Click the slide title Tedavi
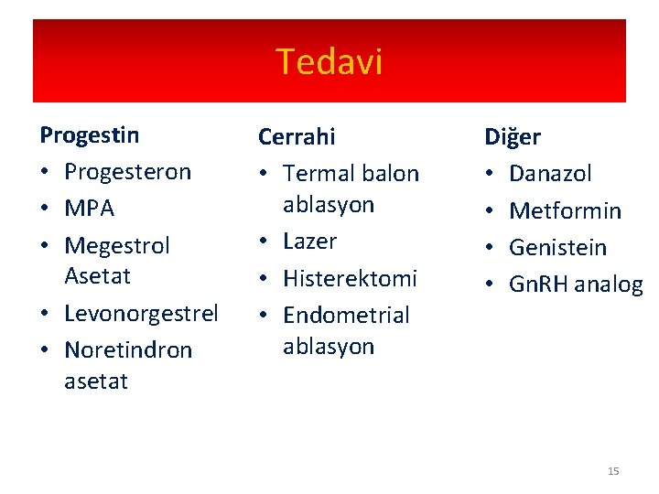(x=329, y=62)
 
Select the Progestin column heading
(x=90, y=135)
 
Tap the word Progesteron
(x=127, y=172)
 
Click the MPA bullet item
(x=89, y=209)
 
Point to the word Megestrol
(x=117, y=246)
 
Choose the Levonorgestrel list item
(x=141, y=314)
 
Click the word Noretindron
(x=128, y=350)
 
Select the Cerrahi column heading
(x=297, y=136)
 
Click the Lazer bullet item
(x=309, y=242)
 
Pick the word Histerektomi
(x=350, y=278)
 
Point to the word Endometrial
(x=346, y=315)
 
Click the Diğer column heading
(x=512, y=137)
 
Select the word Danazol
(x=550, y=173)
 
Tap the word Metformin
(x=565, y=210)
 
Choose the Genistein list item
(x=557, y=247)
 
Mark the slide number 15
(x=612, y=471)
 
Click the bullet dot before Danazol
(x=490, y=174)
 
